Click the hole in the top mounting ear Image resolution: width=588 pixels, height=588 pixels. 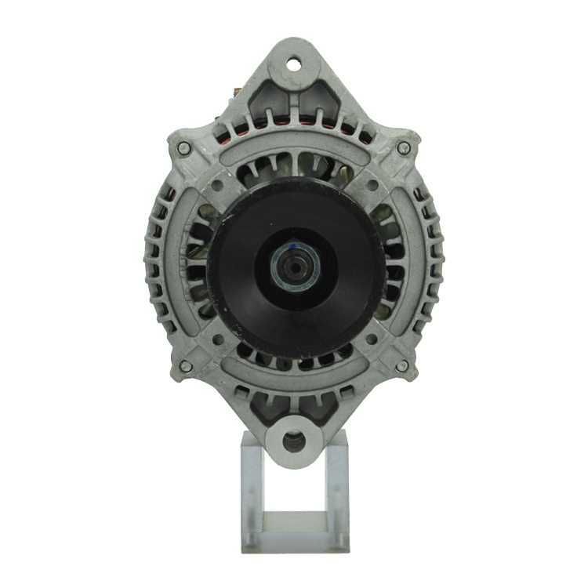(x=295, y=64)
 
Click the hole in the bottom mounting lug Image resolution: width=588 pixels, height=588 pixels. (x=295, y=441)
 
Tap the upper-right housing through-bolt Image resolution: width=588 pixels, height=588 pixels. (x=404, y=147)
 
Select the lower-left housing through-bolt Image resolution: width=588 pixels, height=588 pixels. (x=185, y=366)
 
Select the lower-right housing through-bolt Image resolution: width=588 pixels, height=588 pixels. (x=402, y=366)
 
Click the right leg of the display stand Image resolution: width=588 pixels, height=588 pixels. (x=337, y=486)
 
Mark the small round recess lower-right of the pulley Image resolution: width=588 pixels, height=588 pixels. (x=373, y=339)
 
